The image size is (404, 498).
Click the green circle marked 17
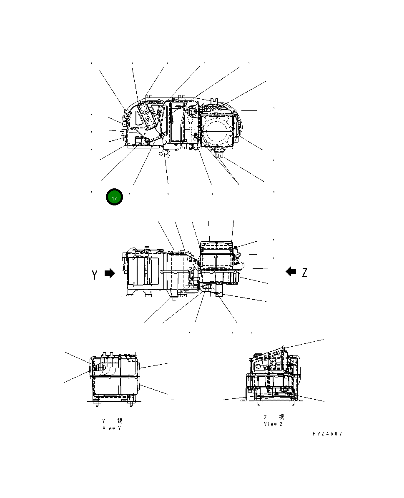pyautogui.click(x=114, y=198)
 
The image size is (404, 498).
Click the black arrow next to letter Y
pyautogui.click(x=109, y=273)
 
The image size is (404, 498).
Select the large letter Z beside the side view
pyautogui.click(x=304, y=273)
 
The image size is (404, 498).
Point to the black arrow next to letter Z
pyautogui.click(x=291, y=272)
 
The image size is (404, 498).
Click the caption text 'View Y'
pyautogui.click(x=111, y=428)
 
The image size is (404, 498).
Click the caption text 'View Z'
pyautogui.click(x=273, y=424)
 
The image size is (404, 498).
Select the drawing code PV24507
pyautogui.click(x=327, y=434)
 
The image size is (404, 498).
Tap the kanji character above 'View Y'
pyautogui.click(x=120, y=421)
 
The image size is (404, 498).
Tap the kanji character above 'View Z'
pyautogui.click(x=281, y=417)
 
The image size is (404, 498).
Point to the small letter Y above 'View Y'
pyautogui.click(x=104, y=421)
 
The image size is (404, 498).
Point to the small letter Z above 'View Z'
pyautogui.click(x=266, y=417)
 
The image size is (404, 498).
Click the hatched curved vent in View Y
pyautogui.click(x=100, y=368)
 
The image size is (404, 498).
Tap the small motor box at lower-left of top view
pyautogui.click(x=138, y=141)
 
